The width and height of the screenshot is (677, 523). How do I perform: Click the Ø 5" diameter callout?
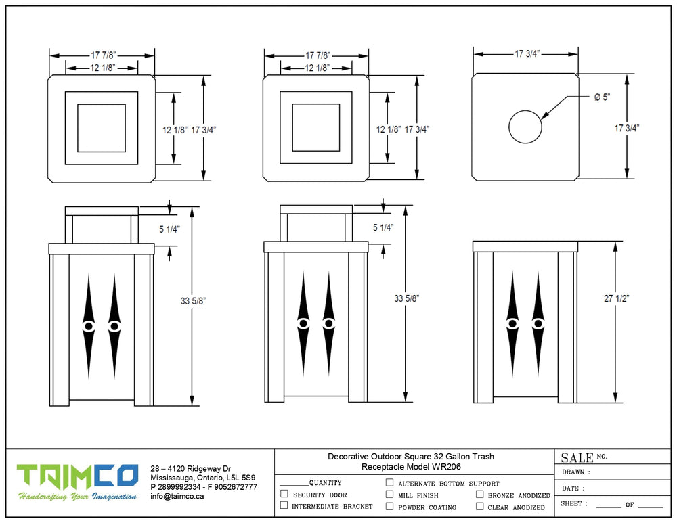coord(602,97)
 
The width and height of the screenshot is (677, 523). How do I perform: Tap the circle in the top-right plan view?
coord(525,127)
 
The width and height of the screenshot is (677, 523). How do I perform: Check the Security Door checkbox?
coord(284,495)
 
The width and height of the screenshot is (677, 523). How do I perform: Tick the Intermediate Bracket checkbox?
coord(284,505)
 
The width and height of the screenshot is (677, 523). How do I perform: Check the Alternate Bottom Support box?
coord(389,483)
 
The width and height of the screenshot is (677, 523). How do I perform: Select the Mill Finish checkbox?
coord(389,495)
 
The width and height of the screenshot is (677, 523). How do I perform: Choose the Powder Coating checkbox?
coord(389,506)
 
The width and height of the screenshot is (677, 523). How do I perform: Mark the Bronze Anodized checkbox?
coord(480,495)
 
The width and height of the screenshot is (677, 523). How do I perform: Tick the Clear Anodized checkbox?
coord(480,506)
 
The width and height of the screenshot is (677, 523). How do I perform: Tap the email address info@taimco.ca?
coord(177,496)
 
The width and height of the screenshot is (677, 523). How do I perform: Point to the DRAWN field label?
coord(575,472)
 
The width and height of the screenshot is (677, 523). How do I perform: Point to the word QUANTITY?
coord(325,483)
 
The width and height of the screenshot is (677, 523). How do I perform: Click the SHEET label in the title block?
coord(574,504)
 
